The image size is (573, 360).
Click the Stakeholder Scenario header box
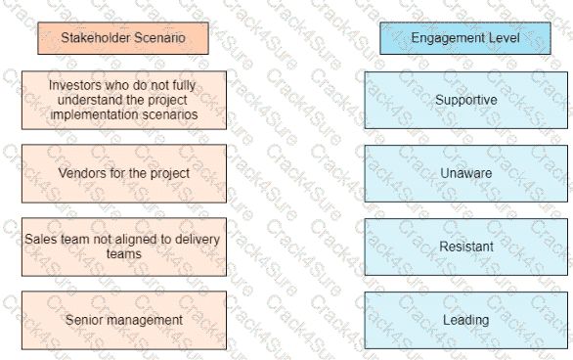(122, 38)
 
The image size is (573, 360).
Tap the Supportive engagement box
(465, 100)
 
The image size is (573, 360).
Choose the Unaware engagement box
(465, 173)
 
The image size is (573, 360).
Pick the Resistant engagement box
(465, 247)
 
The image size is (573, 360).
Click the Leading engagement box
(465, 320)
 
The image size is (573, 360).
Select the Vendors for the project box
(122, 173)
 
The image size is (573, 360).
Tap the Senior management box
(122, 320)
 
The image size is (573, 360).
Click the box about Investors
(122, 100)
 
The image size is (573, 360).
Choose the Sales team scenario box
(122, 247)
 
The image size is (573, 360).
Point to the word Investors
(73, 85)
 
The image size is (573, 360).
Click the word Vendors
(80, 173)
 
